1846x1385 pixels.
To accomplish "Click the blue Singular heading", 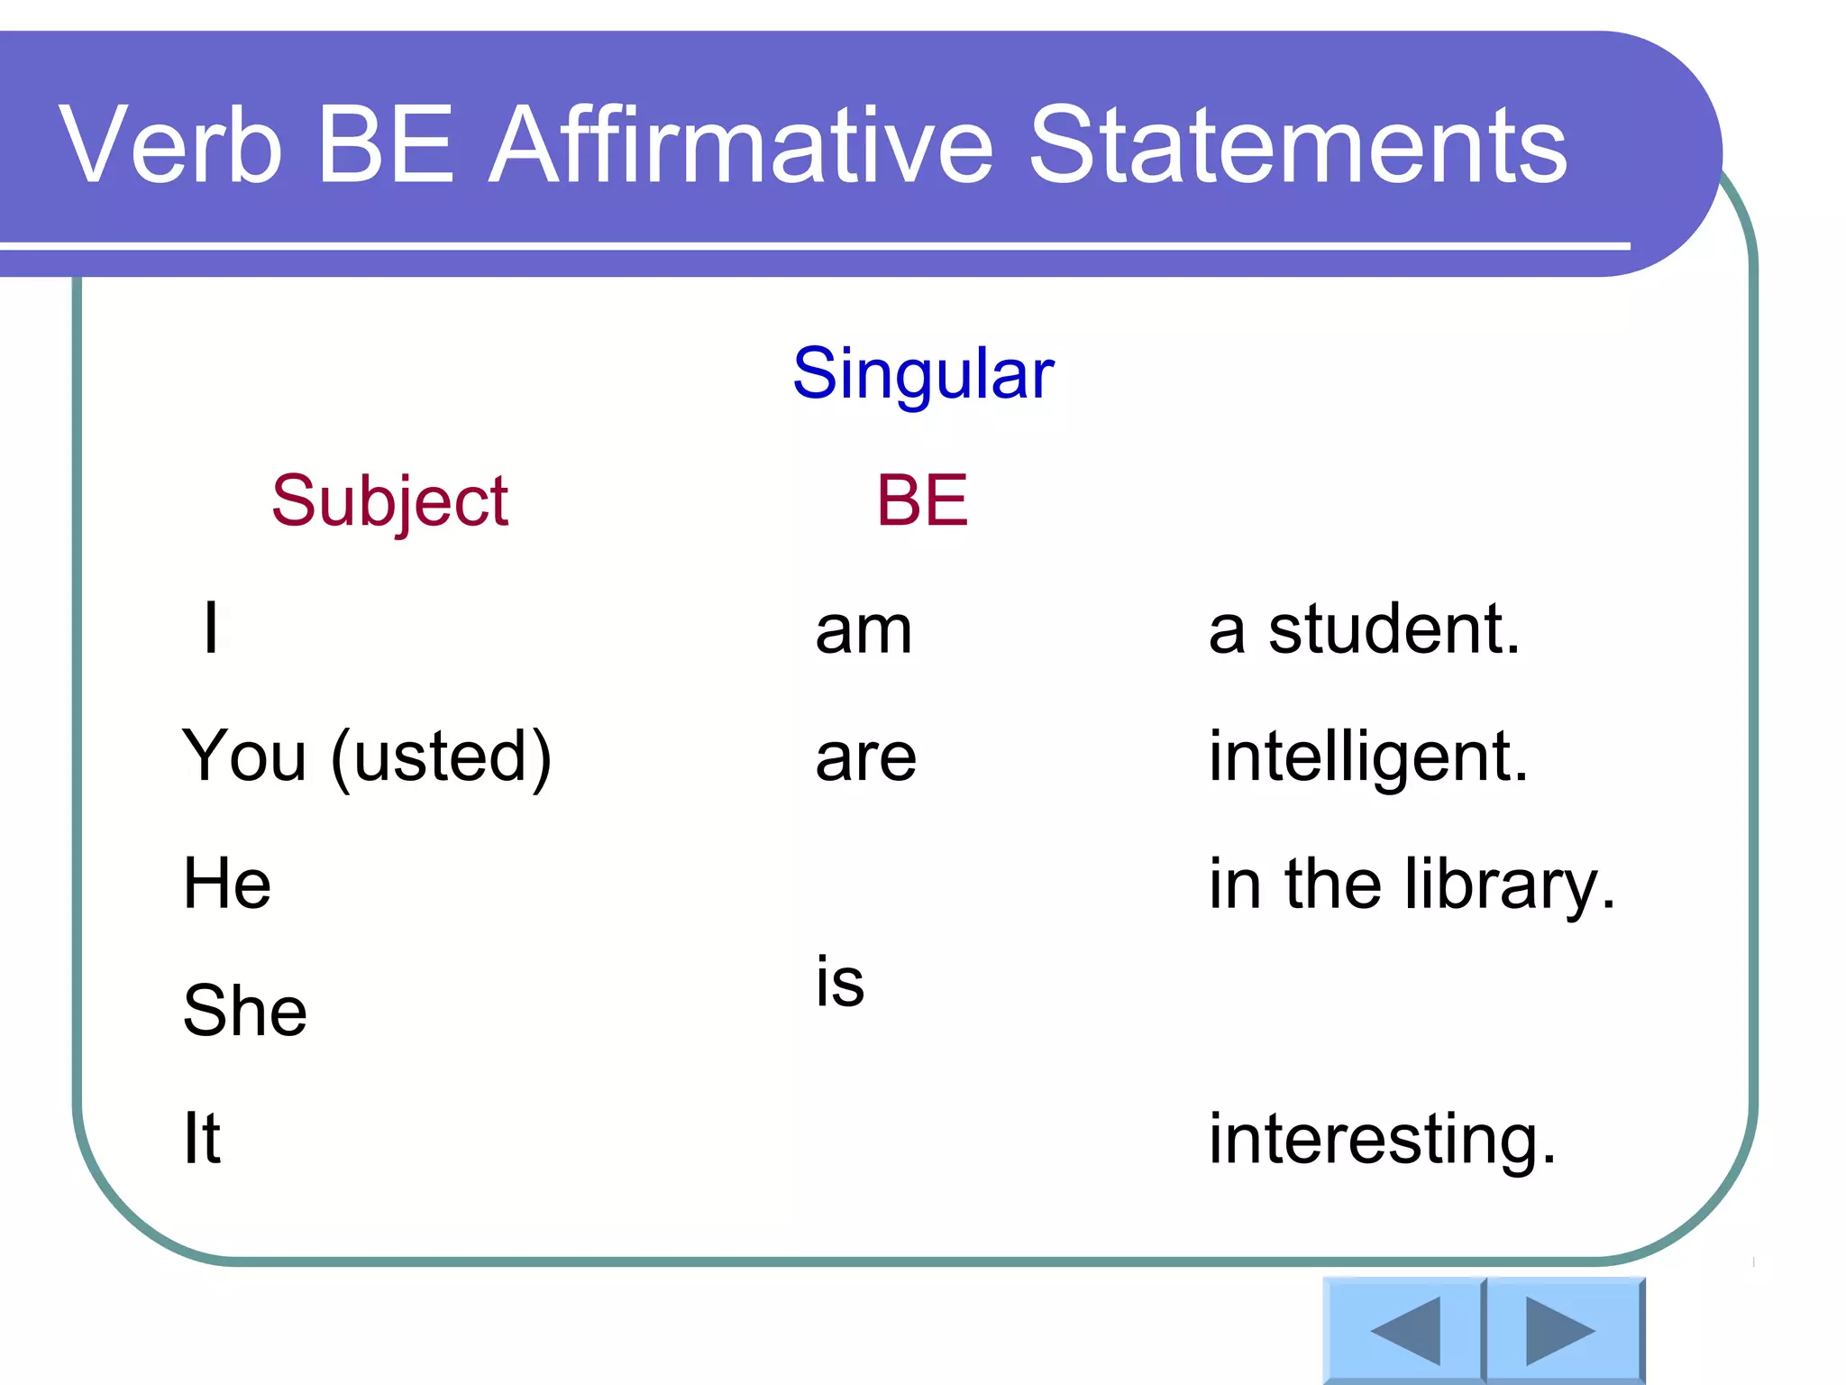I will [923, 373].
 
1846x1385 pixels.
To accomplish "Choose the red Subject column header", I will [389, 500].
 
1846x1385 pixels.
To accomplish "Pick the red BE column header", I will [922, 500].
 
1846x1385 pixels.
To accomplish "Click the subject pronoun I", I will [211, 628].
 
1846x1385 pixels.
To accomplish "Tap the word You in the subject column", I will [244, 756].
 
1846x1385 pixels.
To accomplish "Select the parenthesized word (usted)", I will [442, 757].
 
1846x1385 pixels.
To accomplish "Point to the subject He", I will [227, 884].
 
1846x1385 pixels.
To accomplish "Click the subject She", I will [244, 1011].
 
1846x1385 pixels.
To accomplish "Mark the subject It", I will [202, 1138].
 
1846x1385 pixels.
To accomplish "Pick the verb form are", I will [865, 757].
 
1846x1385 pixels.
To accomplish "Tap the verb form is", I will [840, 980].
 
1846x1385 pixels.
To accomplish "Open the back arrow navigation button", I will [1403, 1331].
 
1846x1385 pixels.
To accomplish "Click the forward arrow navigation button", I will [1562, 1331].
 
